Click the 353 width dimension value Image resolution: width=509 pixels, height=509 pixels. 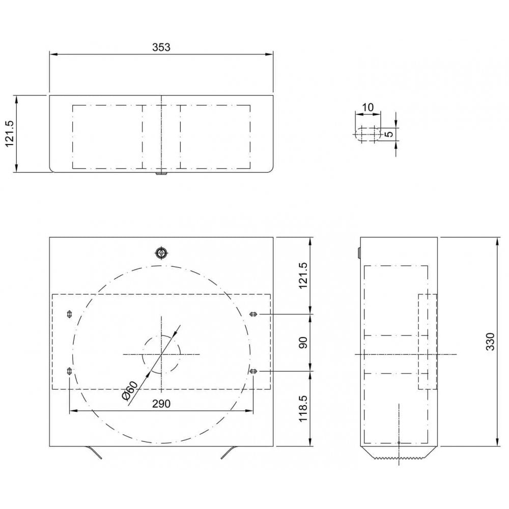coord(161,47)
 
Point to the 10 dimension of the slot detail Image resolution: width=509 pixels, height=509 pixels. coord(367,107)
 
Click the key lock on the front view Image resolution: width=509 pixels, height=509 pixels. coord(161,253)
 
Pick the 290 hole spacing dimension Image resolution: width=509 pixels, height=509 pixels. coord(161,403)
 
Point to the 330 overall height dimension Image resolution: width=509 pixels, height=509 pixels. coord(490,342)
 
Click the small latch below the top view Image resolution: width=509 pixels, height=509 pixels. coord(161,174)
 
